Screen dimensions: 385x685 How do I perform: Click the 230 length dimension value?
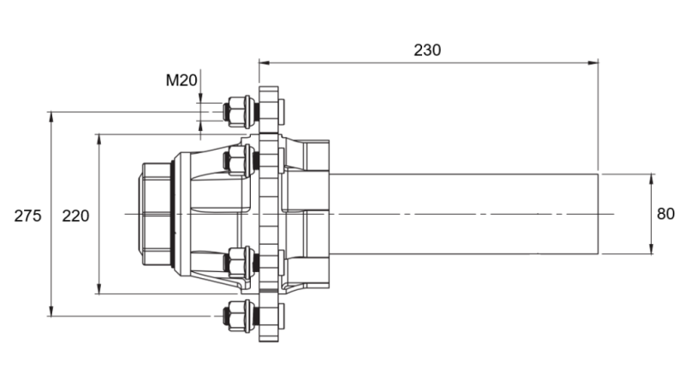pos(427,50)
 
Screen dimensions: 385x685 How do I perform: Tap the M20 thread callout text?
pos(182,81)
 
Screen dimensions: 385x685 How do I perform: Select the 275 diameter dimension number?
pos(27,216)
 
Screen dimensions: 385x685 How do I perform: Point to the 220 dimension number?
pos(76,216)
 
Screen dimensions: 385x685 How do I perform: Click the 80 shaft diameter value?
pos(665,214)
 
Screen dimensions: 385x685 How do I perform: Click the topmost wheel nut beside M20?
pos(237,111)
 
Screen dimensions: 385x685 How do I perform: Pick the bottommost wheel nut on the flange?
pos(237,315)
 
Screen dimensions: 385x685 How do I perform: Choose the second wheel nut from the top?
pos(237,159)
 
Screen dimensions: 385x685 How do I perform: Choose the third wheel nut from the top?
pos(237,260)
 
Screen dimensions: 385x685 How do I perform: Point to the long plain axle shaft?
pos(462,214)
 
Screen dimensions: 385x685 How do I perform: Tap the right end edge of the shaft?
pos(598,214)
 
